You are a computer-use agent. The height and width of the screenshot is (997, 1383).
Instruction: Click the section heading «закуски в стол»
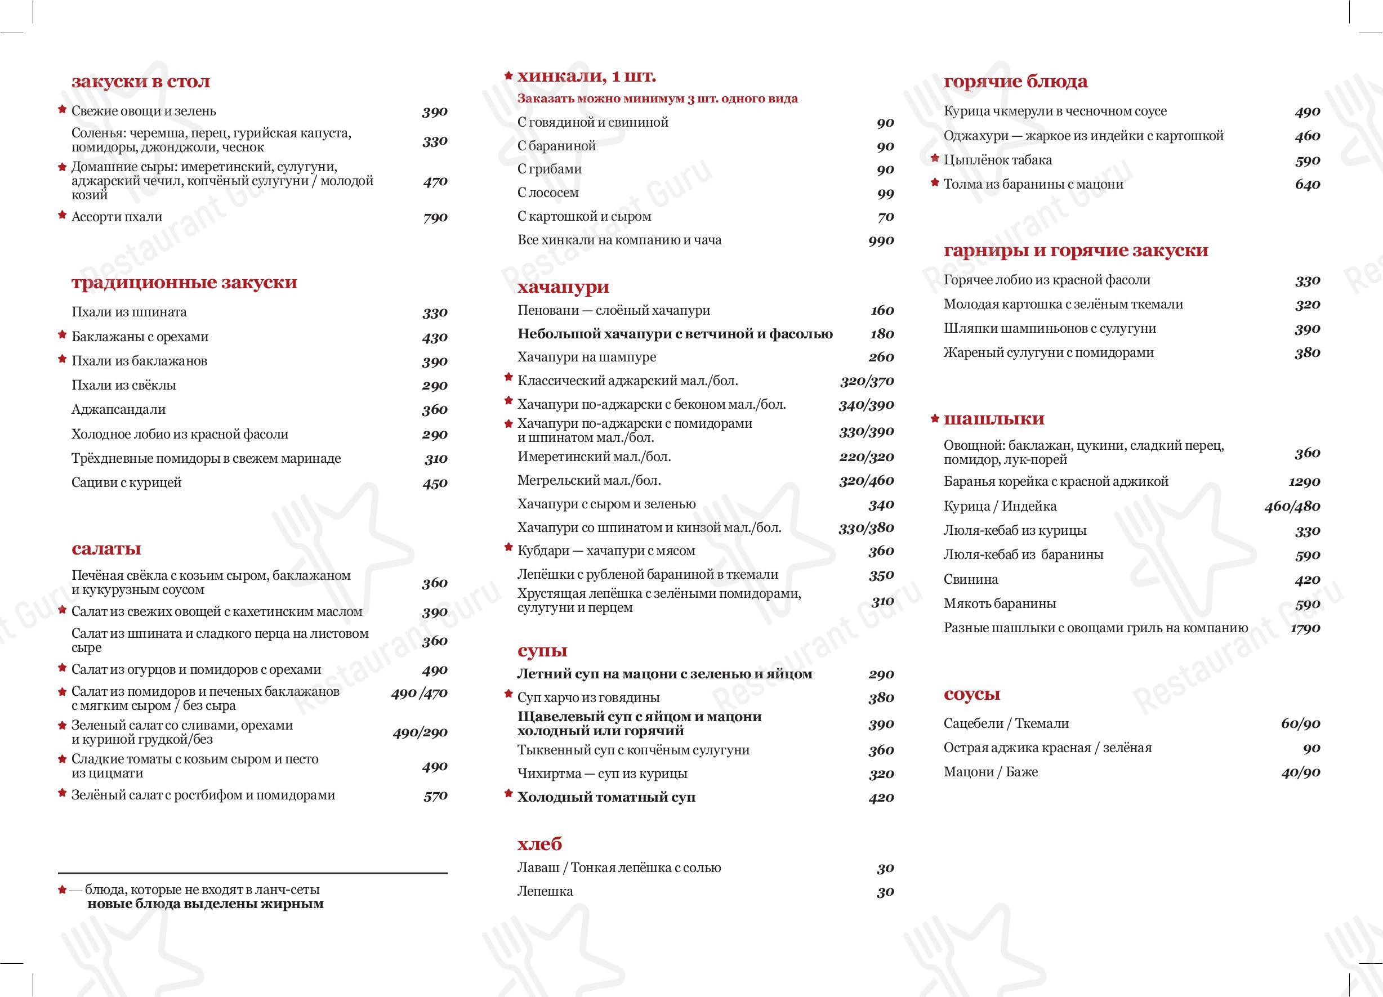[x=140, y=82]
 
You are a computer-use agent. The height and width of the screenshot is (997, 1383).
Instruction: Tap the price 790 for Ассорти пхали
[x=435, y=218]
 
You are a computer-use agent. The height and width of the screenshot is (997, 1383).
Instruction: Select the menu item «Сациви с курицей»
[x=126, y=483]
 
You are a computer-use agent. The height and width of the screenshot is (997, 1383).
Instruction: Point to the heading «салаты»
[x=106, y=549]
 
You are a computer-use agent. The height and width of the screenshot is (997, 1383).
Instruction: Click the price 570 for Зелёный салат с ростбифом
[x=435, y=796]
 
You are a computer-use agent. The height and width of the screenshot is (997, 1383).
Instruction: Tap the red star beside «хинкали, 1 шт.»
[x=508, y=75]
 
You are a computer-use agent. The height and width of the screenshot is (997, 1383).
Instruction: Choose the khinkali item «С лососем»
[x=547, y=193]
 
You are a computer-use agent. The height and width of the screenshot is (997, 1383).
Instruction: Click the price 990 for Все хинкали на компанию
[x=881, y=240]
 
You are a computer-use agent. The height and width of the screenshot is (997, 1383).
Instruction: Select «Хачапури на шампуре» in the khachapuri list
[x=587, y=357]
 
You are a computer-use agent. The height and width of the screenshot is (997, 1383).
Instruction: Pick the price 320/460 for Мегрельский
[x=866, y=481]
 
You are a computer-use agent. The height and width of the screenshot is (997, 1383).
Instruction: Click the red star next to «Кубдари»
[x=508, y=548]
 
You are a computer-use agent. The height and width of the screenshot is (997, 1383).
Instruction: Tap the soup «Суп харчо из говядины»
[x=588, y=698]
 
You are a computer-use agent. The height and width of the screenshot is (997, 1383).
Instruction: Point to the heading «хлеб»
[x=539, y=844]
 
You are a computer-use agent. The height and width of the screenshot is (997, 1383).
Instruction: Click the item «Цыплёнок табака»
[x=998, y=160]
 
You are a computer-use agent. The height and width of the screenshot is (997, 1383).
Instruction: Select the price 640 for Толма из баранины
[x=1308, y=185]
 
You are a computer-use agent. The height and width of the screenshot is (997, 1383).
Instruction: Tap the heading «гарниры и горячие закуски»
[x=1076, y=251]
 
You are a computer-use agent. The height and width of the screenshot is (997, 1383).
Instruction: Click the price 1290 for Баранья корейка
[x=1304, y=482]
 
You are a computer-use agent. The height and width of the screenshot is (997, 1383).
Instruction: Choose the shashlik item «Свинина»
[x=971, y=579]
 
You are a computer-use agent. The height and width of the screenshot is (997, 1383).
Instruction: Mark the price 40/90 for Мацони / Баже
[x=1300, y=772]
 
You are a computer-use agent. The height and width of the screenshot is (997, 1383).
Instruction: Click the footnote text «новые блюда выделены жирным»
[x=205, y=904]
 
